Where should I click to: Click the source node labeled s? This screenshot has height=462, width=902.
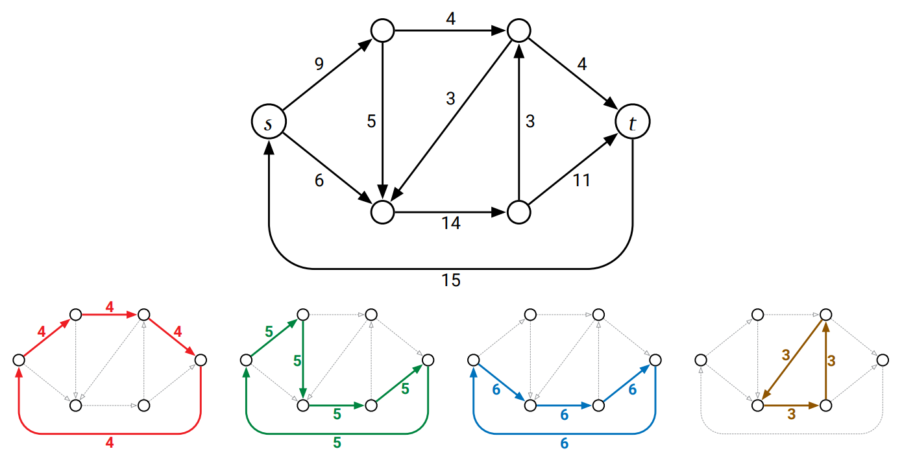click(269, 121)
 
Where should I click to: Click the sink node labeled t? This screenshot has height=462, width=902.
click(633, 121)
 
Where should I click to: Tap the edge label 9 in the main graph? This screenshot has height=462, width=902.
click(319, 64)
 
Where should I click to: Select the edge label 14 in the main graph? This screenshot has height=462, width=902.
click(451, 223)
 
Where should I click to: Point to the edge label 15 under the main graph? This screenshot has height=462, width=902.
click(451, 280)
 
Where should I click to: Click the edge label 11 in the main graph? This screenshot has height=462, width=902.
click(581, 180)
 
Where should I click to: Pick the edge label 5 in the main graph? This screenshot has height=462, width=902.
click(371, 121)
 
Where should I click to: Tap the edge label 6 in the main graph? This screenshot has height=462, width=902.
click(319, 180)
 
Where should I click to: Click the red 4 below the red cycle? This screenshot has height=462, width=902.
click(110, 443)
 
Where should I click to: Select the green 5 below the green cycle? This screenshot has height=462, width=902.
click(337, 443)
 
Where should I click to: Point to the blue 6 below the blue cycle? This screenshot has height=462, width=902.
click(565, 443)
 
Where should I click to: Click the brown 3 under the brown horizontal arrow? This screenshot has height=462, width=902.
click(792, 414)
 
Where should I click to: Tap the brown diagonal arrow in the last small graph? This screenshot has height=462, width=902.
click(792, 360)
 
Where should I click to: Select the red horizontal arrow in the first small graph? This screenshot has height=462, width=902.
click(110, 314)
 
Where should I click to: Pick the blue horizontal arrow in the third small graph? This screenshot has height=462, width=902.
click(565, 405)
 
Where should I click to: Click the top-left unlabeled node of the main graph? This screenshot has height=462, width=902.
click(383, 30)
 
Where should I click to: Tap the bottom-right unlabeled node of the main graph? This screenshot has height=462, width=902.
click(519, 212)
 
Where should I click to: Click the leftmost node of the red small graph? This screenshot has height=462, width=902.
click(19, 359)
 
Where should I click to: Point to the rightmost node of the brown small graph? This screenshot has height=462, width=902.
click(883, 359)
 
